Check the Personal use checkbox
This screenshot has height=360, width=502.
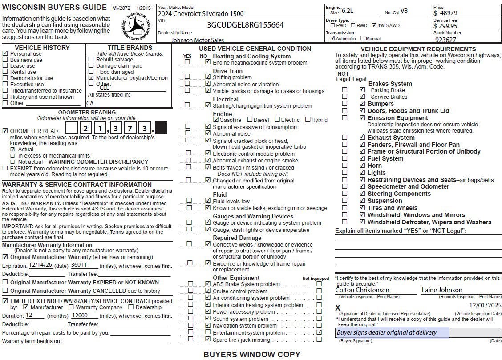pos(5,53)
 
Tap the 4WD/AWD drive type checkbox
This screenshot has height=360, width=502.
pos(374,25)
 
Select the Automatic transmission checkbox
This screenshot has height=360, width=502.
pos(332,38)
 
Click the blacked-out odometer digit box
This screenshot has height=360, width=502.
pos(160,128)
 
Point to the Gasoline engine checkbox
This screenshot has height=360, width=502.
pos(216,120)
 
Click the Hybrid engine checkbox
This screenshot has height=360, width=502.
pos(308,120)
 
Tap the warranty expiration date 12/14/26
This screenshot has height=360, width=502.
pos(41,265)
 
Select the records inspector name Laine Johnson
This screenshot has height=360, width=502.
pos(442,290)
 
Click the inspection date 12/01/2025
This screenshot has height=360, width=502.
pos(485,305)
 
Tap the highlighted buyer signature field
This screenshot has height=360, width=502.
pos(392,333)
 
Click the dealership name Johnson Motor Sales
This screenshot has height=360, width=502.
pos(198,40)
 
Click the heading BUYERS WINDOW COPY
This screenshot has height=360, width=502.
pos(251,354)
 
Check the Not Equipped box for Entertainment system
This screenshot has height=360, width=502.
pos(319,332)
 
